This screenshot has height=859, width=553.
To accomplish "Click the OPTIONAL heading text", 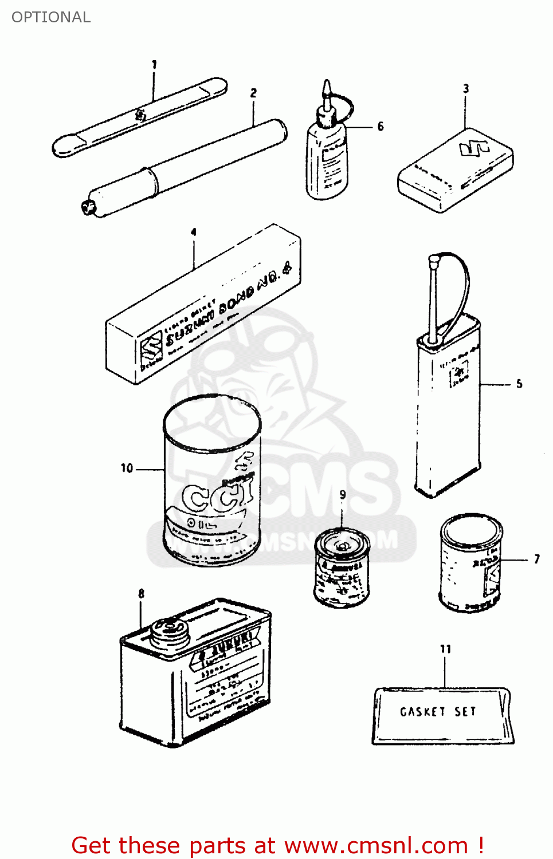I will pos(51,17).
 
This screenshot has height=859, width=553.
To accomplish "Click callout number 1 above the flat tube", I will pos(154,65).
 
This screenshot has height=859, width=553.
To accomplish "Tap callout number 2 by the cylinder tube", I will pos(253,93).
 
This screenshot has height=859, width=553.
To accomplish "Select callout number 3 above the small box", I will pos(466,88).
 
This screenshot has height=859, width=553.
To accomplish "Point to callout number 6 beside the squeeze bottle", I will pos(380,127).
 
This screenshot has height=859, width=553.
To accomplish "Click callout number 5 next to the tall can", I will pos(519,384).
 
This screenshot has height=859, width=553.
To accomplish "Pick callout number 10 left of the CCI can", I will pos(127,468).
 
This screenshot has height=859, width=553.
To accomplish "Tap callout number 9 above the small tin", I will pos(343,495).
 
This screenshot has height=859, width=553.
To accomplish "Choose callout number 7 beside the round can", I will pos(536,559).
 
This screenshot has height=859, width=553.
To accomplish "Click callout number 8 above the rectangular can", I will pos(141,594).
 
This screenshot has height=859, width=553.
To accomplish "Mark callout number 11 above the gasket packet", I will pos(445,649).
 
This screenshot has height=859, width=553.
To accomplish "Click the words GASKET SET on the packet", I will pos(438,712).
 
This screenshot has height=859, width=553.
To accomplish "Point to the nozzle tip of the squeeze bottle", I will pos(327,86).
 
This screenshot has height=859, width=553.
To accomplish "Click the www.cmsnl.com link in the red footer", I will pos(376,845).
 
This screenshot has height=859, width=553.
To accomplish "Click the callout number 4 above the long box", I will pos(194,232).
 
